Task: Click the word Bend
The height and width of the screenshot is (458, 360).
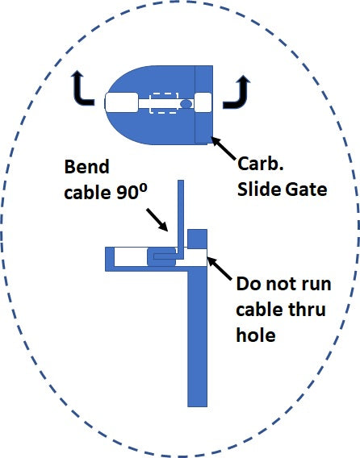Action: pyautogui.click(x=86, y=167)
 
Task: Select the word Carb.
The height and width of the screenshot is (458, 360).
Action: pyautogui.click(x=261, y=164)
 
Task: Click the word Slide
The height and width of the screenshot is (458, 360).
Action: pyautogui.click(x=258, y=189)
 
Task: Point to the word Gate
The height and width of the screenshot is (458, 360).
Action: pyautogui.click(x=306, y=189)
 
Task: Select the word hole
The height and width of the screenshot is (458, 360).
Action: pyautogui.click(x=256, y=335)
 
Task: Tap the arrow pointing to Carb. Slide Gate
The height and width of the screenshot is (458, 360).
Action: pyautogui.click(x=223, y=148)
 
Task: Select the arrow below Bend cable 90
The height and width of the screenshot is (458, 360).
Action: pyautogui.click(x=157, y=219)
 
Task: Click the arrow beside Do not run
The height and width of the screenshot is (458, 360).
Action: pyautogui.click(x=220, y=268)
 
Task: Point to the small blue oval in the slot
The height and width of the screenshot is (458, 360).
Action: pyautogui.click(x=186, y=103)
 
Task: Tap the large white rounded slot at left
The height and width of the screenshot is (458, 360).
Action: pyautogui.click(x=121, y=102)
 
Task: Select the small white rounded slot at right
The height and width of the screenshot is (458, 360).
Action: pyautogui.click(x=203, y=102)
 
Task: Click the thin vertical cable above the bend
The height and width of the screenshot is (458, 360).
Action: pyautogui.click(x=181, y=216)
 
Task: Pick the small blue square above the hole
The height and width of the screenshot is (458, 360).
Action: pyautogui.click(x=197, y=239)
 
